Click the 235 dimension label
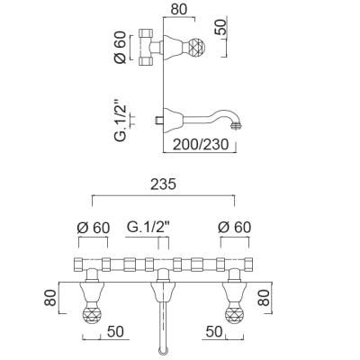[163, 184]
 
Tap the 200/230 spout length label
[201, 144]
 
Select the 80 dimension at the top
[179, 9]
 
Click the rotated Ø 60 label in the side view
[121, 47]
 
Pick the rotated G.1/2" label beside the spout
[121, 123]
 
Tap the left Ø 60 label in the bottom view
[94, 228]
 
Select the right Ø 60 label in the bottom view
[234, 228]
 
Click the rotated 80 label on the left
[50, 297]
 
